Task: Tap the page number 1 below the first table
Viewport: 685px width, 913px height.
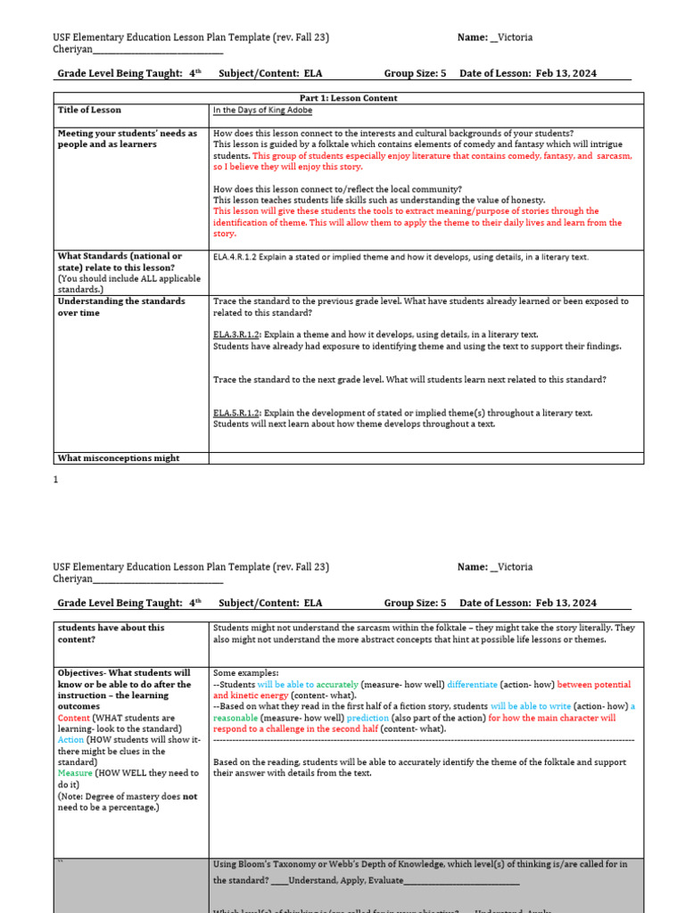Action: (x=56, y=480)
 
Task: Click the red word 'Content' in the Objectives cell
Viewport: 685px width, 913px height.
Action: (x=73, y=718)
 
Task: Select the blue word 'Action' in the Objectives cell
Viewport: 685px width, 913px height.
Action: (x=70, y=740)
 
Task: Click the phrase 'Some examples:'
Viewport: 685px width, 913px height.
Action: (x=246, y=673)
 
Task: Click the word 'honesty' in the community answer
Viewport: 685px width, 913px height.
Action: (x=525, y=201)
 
